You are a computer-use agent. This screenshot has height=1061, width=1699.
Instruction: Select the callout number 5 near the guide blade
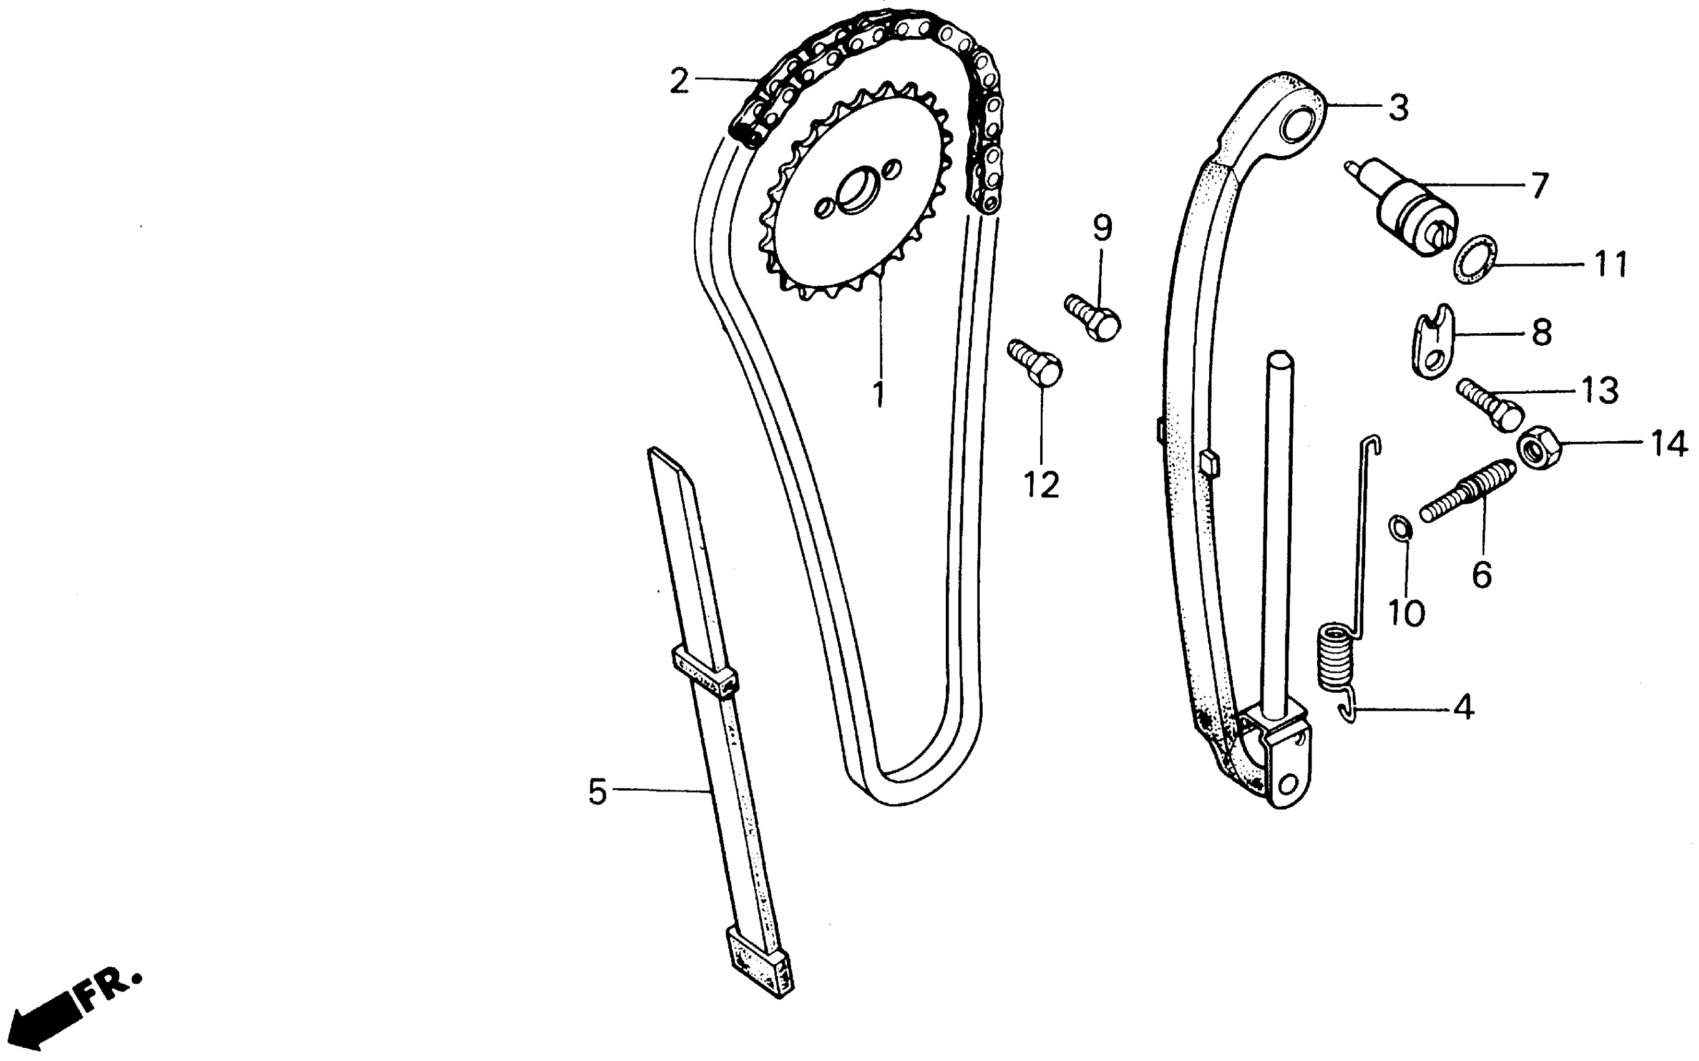coord(597,791)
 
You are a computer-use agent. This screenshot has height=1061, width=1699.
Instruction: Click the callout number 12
coord(1040,484)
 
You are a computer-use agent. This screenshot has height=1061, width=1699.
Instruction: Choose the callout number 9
coord(1102,228)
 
